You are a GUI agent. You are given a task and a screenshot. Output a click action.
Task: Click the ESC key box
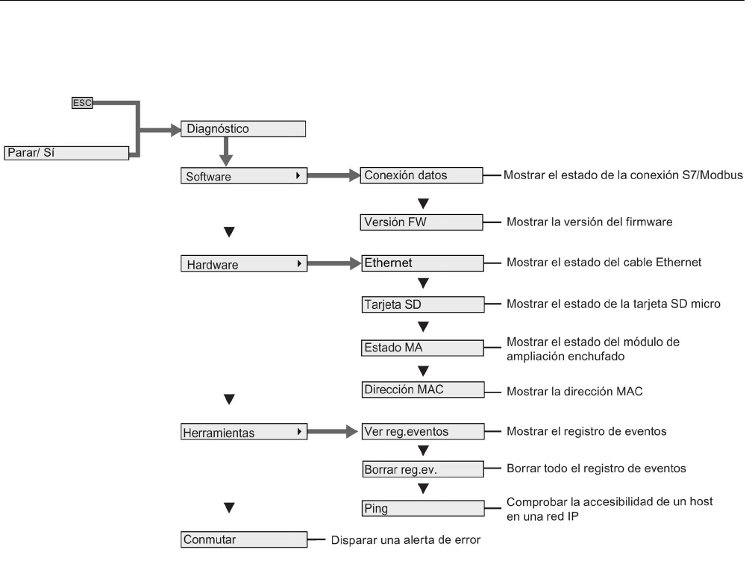[x=81, y=104]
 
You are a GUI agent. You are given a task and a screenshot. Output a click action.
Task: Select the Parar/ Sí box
[x=67, y=153]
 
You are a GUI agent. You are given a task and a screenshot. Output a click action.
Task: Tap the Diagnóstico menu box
[x=243, y=129]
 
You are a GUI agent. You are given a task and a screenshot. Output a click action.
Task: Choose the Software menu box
[x=243, y=176]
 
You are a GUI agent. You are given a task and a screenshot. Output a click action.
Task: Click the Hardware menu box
[x=243, y=263]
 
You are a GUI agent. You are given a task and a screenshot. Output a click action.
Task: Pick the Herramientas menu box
[x=243, y=432]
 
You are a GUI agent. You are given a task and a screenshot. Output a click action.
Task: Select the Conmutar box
[x=243, y=539]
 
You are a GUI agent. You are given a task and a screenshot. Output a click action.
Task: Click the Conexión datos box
[x=422, y=176]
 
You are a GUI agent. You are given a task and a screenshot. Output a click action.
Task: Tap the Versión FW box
[x=422, y=222]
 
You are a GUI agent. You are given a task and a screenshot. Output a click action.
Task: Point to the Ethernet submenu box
[x=422, y=263]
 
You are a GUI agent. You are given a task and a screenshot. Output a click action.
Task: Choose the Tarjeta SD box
[x=422, y=304]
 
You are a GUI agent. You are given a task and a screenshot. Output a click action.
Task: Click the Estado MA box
[x=422, y=347]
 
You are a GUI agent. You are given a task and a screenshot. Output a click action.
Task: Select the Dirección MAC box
[x=422, y=389]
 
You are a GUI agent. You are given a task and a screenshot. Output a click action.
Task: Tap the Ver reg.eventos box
[x=422, y=431]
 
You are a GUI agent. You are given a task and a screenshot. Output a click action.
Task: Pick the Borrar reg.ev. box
[x=422, y=469]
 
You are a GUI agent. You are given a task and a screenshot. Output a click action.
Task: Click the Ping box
[x=422, y=508]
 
